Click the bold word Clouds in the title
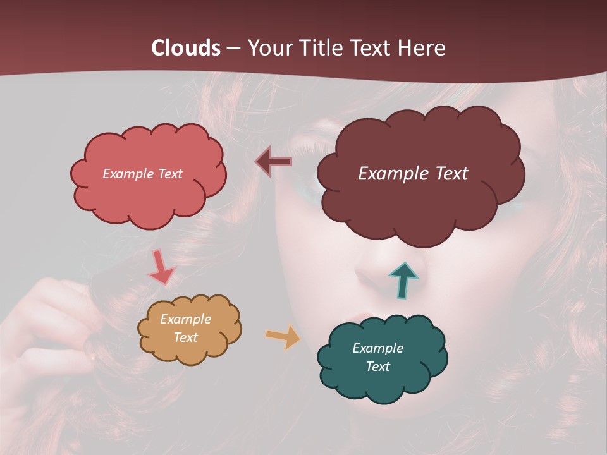pos(186,48)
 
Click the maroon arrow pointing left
pos(274,162)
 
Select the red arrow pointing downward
pos(161,268)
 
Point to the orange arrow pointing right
pos(283,336)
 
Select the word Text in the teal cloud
pos(377,367)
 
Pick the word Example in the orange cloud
pos(185,319)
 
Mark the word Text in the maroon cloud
pos(451,174)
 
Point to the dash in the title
pos(233,49)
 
